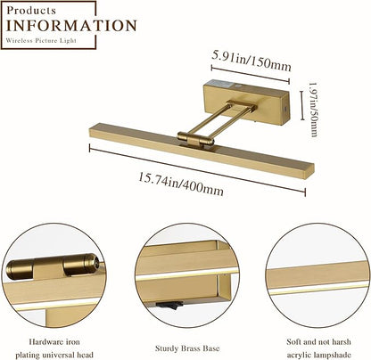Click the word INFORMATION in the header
(71, 26)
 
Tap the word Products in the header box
(31, 11)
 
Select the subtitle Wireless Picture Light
(41, 40)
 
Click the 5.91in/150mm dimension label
(251, 61)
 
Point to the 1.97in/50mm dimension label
(313, 110)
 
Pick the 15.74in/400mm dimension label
(181, 184)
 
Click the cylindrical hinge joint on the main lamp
(195, 138)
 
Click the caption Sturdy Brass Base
(187, 348)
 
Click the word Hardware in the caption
(43, 342)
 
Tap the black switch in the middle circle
(169, 305)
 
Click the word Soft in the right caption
(293, 342)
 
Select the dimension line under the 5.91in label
(251, 74)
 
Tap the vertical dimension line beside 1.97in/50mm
(302, 105)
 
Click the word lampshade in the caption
(333, 355)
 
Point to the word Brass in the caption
(189, 348)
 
